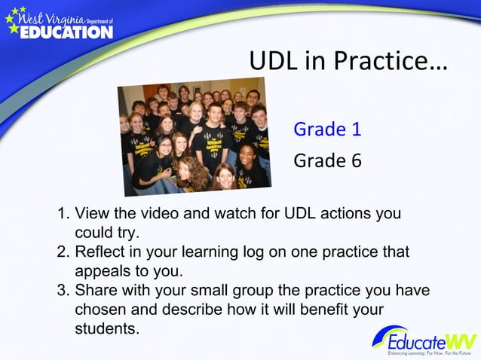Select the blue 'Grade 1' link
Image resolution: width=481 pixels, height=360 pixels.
(327, 129)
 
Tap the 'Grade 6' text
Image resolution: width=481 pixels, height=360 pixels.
(327, 160)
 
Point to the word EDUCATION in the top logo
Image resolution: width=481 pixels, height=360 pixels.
(66, 32)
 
